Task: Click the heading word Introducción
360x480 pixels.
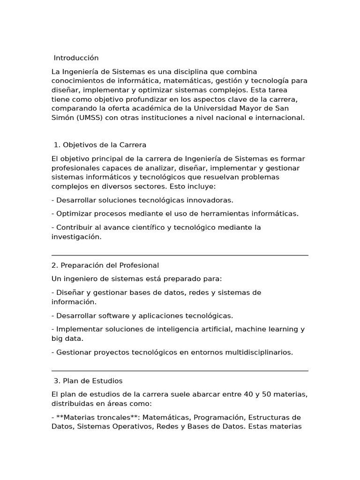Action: point(76,58)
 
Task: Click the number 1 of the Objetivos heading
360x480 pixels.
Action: point(56,145)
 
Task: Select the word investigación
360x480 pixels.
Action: point(76,237)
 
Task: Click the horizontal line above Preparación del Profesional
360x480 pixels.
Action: point(180,255)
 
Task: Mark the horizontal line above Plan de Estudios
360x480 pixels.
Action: point(180,371)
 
